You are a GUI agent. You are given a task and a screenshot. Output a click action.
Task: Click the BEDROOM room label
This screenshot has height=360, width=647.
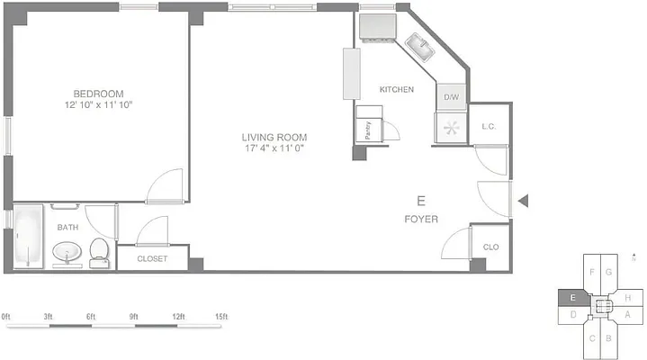pyautogui.click(x=98, y=94)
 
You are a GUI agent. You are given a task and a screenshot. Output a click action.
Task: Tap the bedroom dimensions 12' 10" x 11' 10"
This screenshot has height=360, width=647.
pyautogui.click(x=98, y=105)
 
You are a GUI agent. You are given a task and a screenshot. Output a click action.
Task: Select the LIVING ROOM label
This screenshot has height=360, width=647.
pyautogui.click(x=274, y=138)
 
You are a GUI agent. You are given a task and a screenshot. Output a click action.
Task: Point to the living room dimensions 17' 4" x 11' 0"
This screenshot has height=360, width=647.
pyautogui.click(x=274, y=148)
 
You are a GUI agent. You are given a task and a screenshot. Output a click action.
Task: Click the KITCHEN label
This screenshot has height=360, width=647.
pyautogui.click(x=396, y=90)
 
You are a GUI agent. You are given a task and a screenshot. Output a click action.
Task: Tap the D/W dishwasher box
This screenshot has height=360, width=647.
pyautogui.click(x=451, y=97)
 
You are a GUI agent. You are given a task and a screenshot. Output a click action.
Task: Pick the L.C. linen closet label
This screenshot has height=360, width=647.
pyautogui.click(x=490, y=127)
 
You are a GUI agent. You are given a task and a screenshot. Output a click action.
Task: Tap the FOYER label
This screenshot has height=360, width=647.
pyautogui.click(x=420, y=219)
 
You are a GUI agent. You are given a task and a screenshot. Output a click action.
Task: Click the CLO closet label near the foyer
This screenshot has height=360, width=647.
pyautogui.click(x=490, y=247)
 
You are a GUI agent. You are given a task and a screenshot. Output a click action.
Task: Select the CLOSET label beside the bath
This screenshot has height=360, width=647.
pyautogui.click(x=152, y=259)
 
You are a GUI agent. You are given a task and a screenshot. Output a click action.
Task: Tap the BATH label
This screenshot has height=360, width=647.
pyautogui.click(x=68, y=228)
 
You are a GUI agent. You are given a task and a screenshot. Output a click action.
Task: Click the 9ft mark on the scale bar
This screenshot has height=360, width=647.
pyautogui.click(x=135, y=317)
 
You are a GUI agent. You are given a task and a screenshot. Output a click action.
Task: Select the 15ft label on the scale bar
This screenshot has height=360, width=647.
pyautogui.click(x=221, y=317)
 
